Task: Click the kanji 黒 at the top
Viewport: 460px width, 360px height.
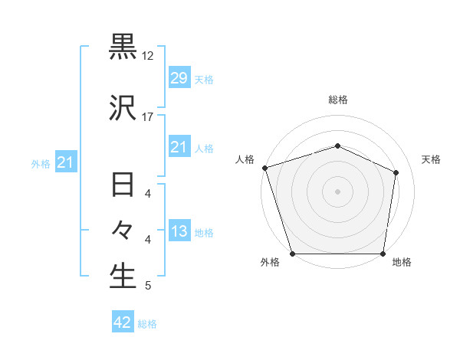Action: click(123, 47)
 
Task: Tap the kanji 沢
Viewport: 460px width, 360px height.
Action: click(123, 110)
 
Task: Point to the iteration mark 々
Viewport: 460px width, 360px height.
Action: click(123, 231)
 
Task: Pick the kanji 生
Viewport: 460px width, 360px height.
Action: click(123, 277)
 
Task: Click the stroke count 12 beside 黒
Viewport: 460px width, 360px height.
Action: click(148, 56)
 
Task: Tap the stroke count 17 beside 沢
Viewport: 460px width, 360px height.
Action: click(148, 117)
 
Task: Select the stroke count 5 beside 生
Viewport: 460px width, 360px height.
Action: click(148, 286)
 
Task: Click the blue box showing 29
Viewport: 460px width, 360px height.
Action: click(179, 78)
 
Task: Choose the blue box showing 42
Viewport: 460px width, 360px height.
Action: click(123, 323)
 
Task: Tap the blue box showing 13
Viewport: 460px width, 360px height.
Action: click(179, 231)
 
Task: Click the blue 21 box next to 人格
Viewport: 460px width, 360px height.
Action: click(179, 147)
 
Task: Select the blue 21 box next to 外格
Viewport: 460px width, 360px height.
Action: click(65, 162)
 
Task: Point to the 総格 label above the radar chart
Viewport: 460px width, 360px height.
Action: click(338, 100)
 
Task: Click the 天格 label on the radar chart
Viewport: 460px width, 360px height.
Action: click(432, 159)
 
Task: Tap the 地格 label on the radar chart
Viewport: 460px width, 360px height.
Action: click(401, 263)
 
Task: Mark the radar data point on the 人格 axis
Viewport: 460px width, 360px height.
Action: click(264, 168)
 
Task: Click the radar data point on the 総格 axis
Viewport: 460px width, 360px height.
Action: click(337, 146)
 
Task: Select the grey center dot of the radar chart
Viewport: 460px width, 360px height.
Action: click(337, 191)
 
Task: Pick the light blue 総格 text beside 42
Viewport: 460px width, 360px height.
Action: click(147, 324)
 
